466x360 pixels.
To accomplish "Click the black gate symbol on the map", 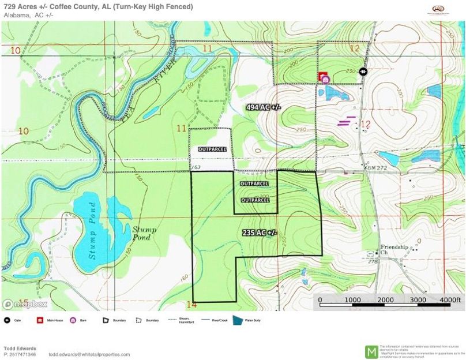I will [363, 72].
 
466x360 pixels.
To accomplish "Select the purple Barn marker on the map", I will [325, 80].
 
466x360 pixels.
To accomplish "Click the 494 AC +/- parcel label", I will [263, 107].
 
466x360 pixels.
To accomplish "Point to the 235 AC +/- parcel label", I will [260, 232].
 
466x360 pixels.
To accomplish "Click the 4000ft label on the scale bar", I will [450, 300].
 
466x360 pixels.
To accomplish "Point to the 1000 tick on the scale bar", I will [352, 300].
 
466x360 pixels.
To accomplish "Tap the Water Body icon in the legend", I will [238, 320].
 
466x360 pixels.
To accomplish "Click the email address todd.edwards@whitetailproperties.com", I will [89, 354].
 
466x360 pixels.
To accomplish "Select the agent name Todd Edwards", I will [19, 348].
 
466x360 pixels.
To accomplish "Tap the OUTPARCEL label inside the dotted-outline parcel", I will [212, 149].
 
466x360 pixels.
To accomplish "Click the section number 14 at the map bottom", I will [192, 304].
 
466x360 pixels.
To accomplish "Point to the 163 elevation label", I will [197, 167].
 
